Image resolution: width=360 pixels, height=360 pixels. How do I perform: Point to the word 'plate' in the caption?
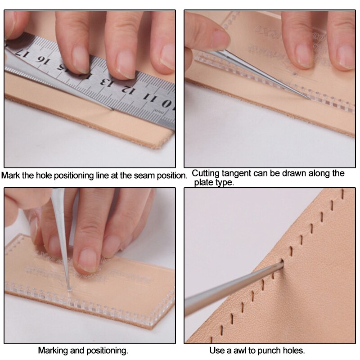[x=203, y=183]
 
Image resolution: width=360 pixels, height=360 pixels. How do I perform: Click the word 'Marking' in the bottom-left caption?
[x=52, y=351]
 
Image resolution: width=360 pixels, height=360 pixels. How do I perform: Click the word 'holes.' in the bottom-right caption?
[x=294, y=351]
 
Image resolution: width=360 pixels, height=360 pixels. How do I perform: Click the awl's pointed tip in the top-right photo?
[x=310, y=99]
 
